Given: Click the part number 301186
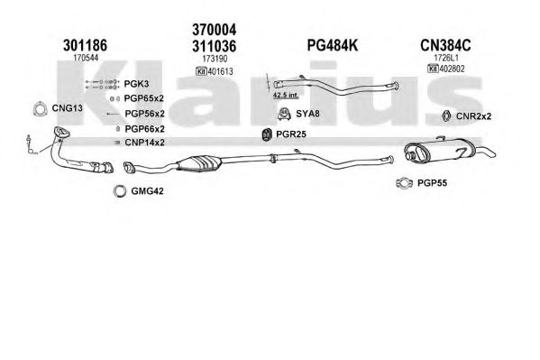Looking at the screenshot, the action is click(85, 45).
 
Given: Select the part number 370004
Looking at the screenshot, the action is click(215, 30).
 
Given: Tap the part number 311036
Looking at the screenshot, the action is click(215, 46).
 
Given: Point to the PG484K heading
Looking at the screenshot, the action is click(333, 45).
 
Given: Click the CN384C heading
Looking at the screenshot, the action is click(445, 45).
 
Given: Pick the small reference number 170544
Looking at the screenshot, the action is click(86, 58).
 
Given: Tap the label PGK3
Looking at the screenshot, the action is click(136, 84).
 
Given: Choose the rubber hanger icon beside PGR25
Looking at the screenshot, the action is click(266, 134).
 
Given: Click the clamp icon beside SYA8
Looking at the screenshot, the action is click(284, 115).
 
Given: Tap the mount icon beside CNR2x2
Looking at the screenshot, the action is click(446, 116).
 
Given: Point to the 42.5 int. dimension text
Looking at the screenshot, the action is click(286, 95).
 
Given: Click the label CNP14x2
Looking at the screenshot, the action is click(144, 143).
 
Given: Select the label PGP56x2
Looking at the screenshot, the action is click(144, 114).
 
